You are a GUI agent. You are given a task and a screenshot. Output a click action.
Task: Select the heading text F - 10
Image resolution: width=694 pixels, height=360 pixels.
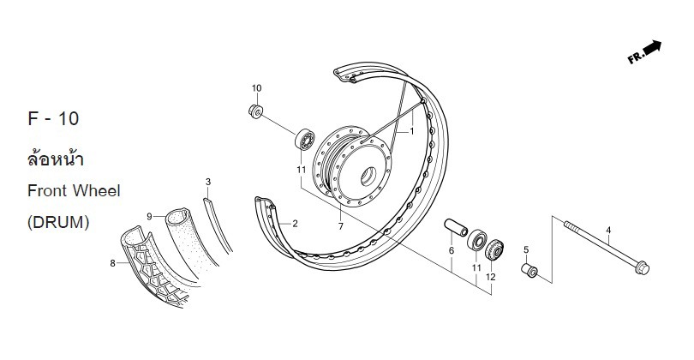(53, 121)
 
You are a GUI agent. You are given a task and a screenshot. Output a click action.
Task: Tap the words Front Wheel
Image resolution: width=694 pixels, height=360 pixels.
(74, 190)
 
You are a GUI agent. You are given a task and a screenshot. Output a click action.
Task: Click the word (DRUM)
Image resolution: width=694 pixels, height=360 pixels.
(58, 222)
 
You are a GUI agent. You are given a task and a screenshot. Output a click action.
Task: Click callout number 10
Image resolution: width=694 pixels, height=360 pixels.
(256, 88)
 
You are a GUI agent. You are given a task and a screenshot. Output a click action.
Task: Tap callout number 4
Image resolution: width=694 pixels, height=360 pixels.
(608, 231)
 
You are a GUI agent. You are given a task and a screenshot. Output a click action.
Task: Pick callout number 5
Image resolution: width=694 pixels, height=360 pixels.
(526, 249)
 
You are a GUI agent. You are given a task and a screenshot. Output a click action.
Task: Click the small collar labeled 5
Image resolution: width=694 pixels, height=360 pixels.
(529, 271)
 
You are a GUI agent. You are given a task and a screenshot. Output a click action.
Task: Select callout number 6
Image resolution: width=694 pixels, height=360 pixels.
(451, 250)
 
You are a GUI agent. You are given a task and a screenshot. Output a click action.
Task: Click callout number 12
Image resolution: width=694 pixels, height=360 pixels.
(490, 277)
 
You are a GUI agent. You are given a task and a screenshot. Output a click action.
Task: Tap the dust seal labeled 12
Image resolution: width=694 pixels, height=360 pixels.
(494, 252)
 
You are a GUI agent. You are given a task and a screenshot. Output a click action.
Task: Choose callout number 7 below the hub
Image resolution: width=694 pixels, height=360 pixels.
(340, 226)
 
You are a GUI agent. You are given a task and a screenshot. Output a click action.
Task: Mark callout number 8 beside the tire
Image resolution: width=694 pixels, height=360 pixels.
(112, 264)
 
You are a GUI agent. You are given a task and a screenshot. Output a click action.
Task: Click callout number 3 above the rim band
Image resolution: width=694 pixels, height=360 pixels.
(207, 182)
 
